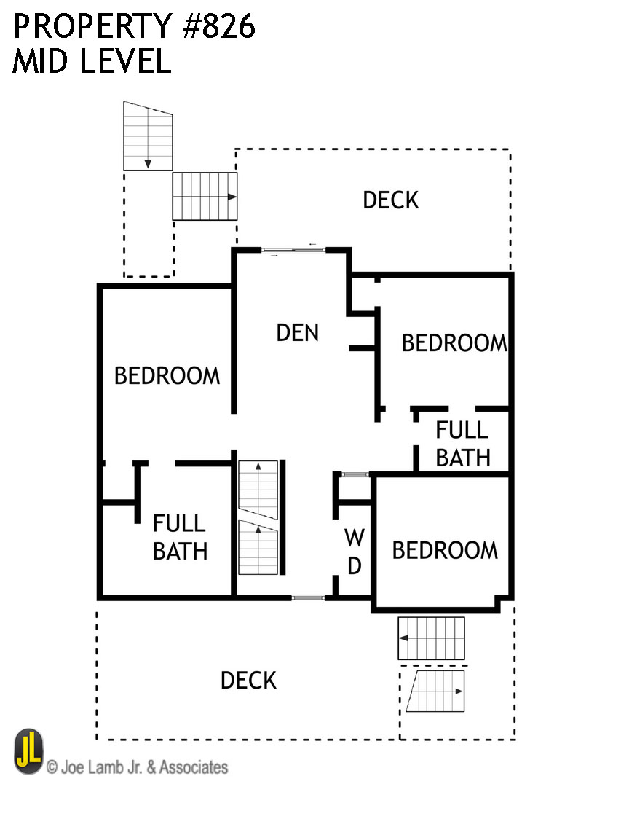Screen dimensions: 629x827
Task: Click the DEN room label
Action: tap(298, 333)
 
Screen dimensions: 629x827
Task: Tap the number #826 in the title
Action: tap(219, 26)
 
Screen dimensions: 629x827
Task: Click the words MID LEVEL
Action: tap(92, 60)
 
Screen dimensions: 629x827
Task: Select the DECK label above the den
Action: tap(390, 200)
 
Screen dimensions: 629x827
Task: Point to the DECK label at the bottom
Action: tap(248, 681)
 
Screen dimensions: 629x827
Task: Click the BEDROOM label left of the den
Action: tap(167, 376)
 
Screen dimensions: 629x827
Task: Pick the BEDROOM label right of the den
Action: tap(454, 343)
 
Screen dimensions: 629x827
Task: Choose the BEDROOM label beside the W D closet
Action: tap(445, 551)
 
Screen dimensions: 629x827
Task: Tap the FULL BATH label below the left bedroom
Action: tap(180, 538)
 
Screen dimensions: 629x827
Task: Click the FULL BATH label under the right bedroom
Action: tap(463, 444)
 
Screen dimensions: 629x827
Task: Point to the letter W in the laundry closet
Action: tap(355, 538)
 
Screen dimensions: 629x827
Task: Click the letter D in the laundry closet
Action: tap(355, 566)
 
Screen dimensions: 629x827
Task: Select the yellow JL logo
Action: tap(28, 751)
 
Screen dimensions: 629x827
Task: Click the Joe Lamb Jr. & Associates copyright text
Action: tap(137, 767)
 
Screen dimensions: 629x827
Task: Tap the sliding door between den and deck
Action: tap(293, 250)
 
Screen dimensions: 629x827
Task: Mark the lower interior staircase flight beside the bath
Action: tap(258, 547)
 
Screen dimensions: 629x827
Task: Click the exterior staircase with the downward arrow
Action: tap(148, 136)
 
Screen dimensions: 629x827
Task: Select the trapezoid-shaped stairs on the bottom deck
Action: tap(435, 691)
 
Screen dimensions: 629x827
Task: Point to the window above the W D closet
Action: tap(355, 474)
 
